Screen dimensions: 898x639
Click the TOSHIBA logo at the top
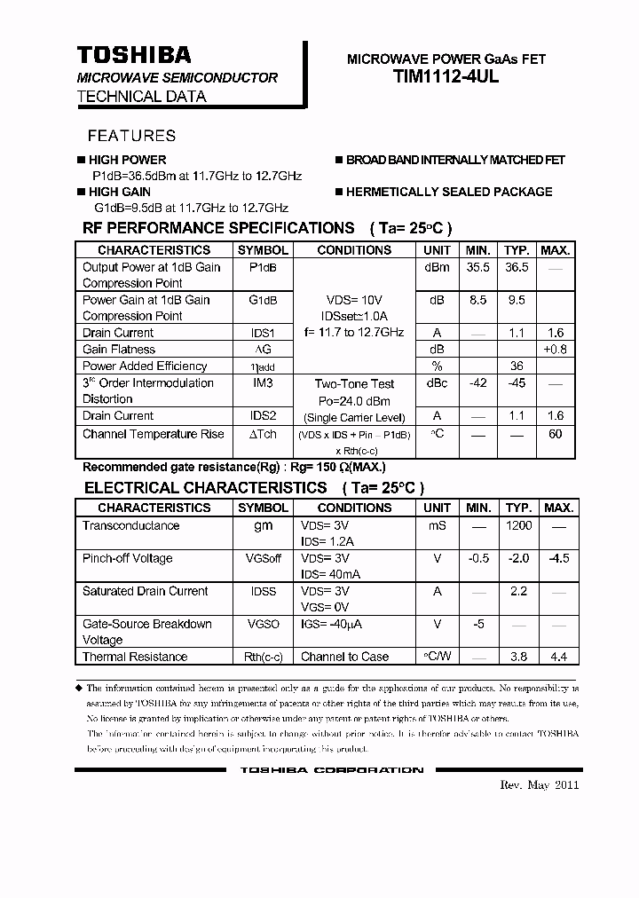tap(133, 55)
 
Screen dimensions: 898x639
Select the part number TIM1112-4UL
tap(446, 77)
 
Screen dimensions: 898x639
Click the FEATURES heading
tap(131, 136)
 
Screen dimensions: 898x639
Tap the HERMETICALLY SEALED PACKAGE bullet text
tap(448, 192)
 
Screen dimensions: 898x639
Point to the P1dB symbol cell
tap(263, 267)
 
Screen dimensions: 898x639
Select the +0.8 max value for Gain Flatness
tap(556, 350)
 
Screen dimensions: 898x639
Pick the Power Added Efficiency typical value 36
tap(517, 366)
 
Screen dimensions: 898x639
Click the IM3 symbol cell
tap(263, 383)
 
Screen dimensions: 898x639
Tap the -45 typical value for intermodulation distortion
tap(517, 383)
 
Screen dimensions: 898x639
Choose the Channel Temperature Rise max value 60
tap(556, 434)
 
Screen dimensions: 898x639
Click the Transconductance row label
tap(130, 525)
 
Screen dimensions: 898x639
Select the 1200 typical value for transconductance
tap(518, 525)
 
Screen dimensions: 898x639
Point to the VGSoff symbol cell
tap(263, 558)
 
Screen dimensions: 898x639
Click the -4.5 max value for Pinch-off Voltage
tap(558, 558)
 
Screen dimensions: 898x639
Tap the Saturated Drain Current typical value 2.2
tap(518, 591)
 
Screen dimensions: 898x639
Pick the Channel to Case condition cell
tap(344, 657)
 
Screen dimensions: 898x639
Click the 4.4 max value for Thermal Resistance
tap(558, 657)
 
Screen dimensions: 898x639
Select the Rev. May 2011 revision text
tap(540, 785)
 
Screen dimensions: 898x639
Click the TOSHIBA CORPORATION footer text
tap(331, 770)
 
